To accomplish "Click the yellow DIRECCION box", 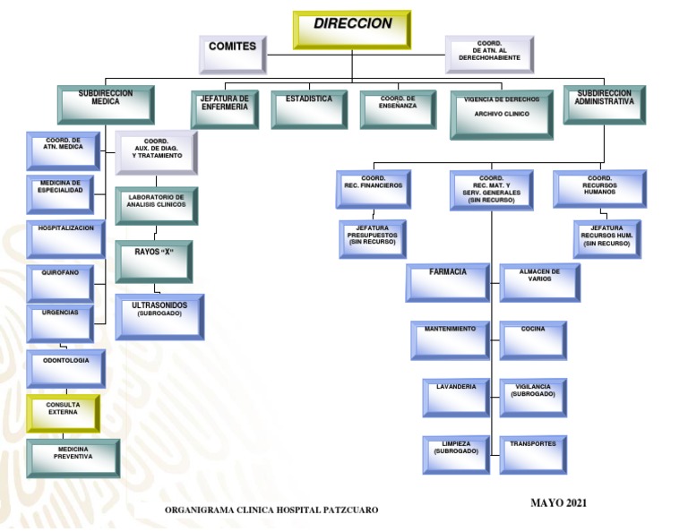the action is (351, 29).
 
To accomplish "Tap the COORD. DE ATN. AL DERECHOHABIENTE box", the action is (488, 53).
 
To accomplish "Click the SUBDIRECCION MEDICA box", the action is (105, 104).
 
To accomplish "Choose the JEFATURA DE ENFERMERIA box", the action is (224, 109).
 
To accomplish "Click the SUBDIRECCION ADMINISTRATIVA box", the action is (605, 104).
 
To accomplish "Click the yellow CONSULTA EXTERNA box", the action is (63, 412).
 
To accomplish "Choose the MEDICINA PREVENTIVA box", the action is (73, 457).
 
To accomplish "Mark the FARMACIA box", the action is (447, 281).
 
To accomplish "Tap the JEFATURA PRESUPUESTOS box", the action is (372, 238).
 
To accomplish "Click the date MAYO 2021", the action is (558, 502).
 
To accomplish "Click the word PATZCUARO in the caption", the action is (347, 510).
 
